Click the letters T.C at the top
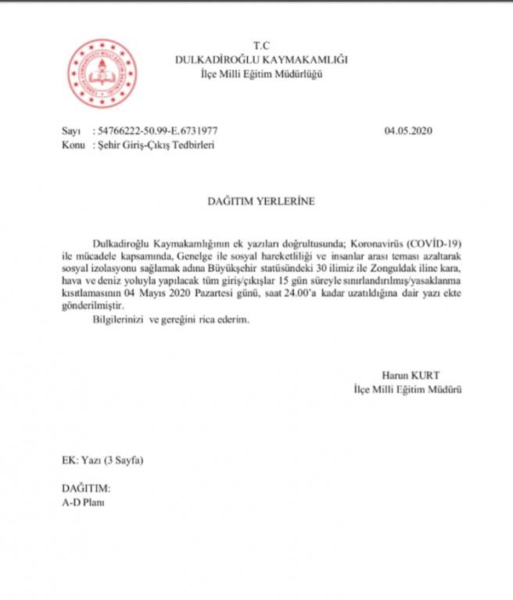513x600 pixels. click(261, 45)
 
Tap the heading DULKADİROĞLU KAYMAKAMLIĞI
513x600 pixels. click(261, 59)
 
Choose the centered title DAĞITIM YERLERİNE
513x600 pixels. click(261, 201)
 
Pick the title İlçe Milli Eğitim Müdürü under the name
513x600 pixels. click(407, 388)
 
